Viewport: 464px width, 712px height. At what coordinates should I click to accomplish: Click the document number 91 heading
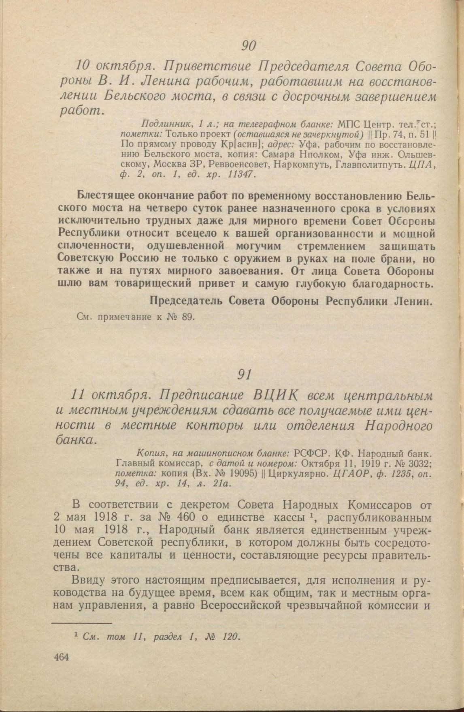pos(244,374)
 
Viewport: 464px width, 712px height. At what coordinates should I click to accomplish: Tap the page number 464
pos(61,657)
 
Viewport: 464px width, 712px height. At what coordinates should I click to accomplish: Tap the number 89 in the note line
pos(187,317)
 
